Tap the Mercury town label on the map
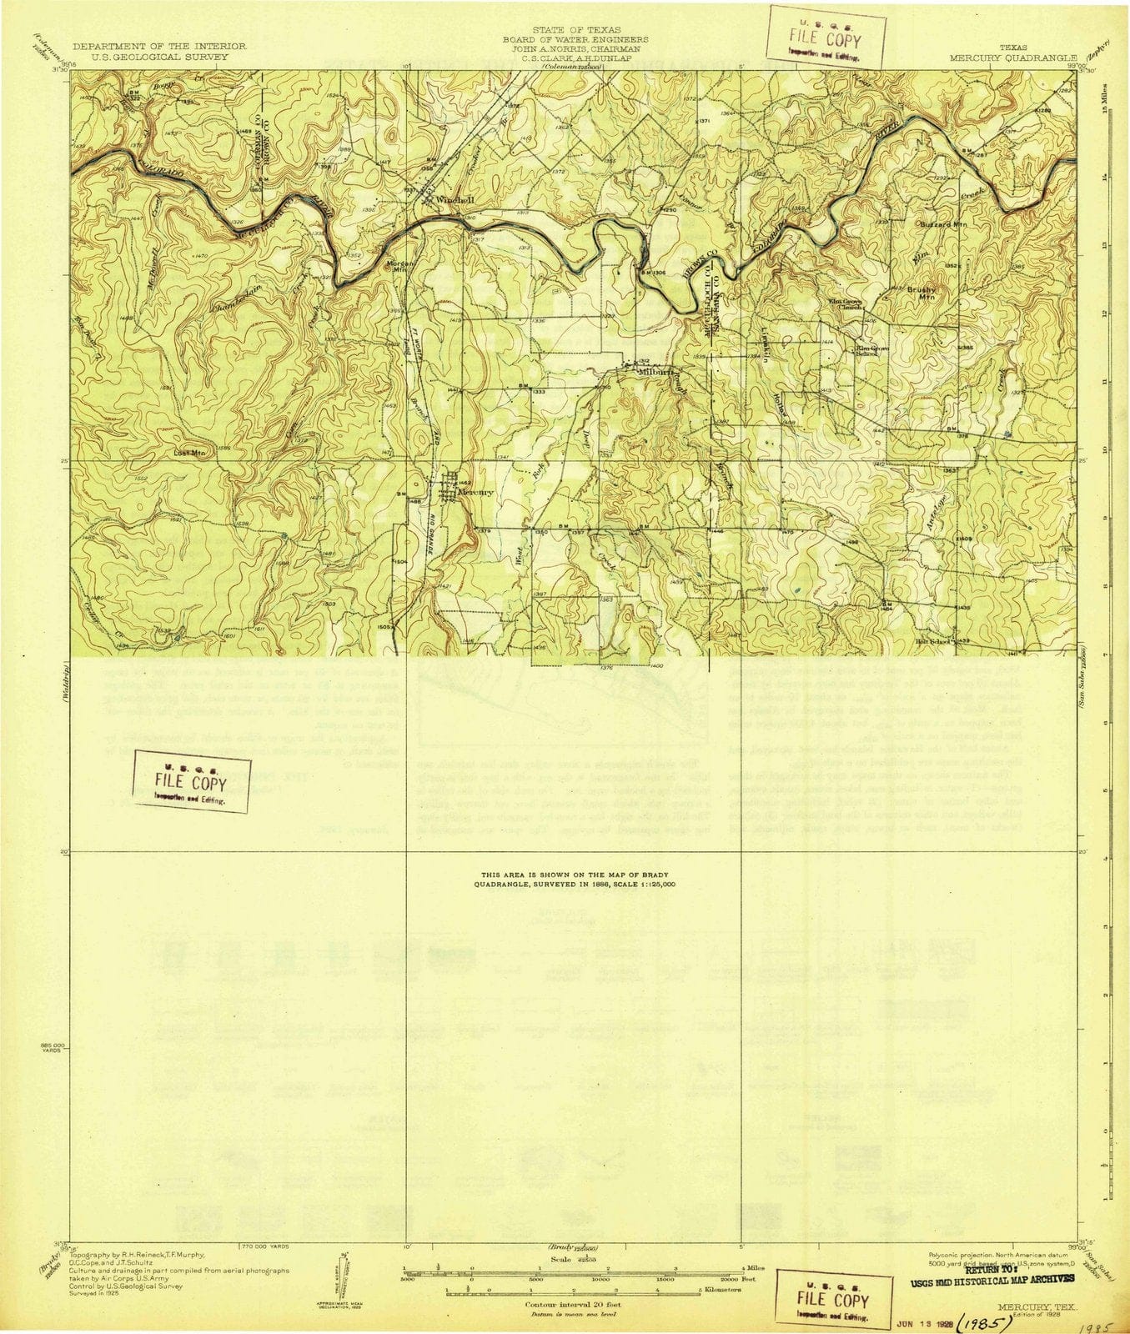click(x=476, y=492)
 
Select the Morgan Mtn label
click(x=399, y=267)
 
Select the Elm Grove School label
click(x=866, y=351)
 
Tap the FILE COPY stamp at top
click(x=827, y=38)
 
